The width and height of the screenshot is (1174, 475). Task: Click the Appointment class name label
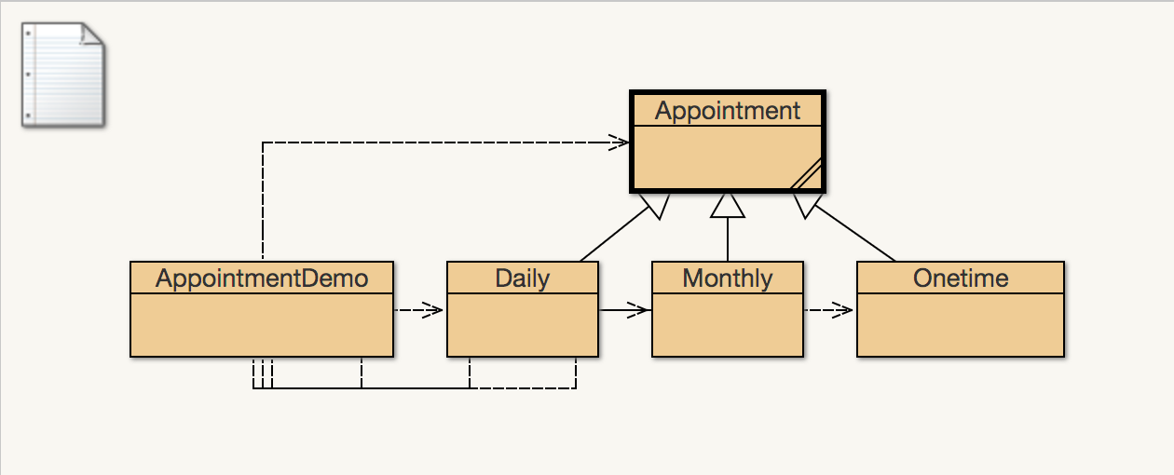click(727, 111)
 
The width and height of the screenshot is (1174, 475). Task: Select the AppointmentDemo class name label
click(262, 278)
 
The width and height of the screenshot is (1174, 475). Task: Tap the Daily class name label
click(522, 278)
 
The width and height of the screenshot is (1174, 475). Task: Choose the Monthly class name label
click(727, 278)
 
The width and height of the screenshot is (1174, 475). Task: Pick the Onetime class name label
click(960, 278)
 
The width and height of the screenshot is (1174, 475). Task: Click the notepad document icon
click(63, 75)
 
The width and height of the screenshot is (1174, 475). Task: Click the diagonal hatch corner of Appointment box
click(806, 175)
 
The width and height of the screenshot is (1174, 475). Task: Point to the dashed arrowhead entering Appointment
click(620, 142)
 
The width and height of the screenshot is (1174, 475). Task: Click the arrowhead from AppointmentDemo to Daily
click(432, 310)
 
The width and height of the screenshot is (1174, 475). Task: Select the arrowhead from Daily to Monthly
click(638, 310)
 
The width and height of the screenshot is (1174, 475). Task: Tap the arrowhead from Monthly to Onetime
click(842, 310)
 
